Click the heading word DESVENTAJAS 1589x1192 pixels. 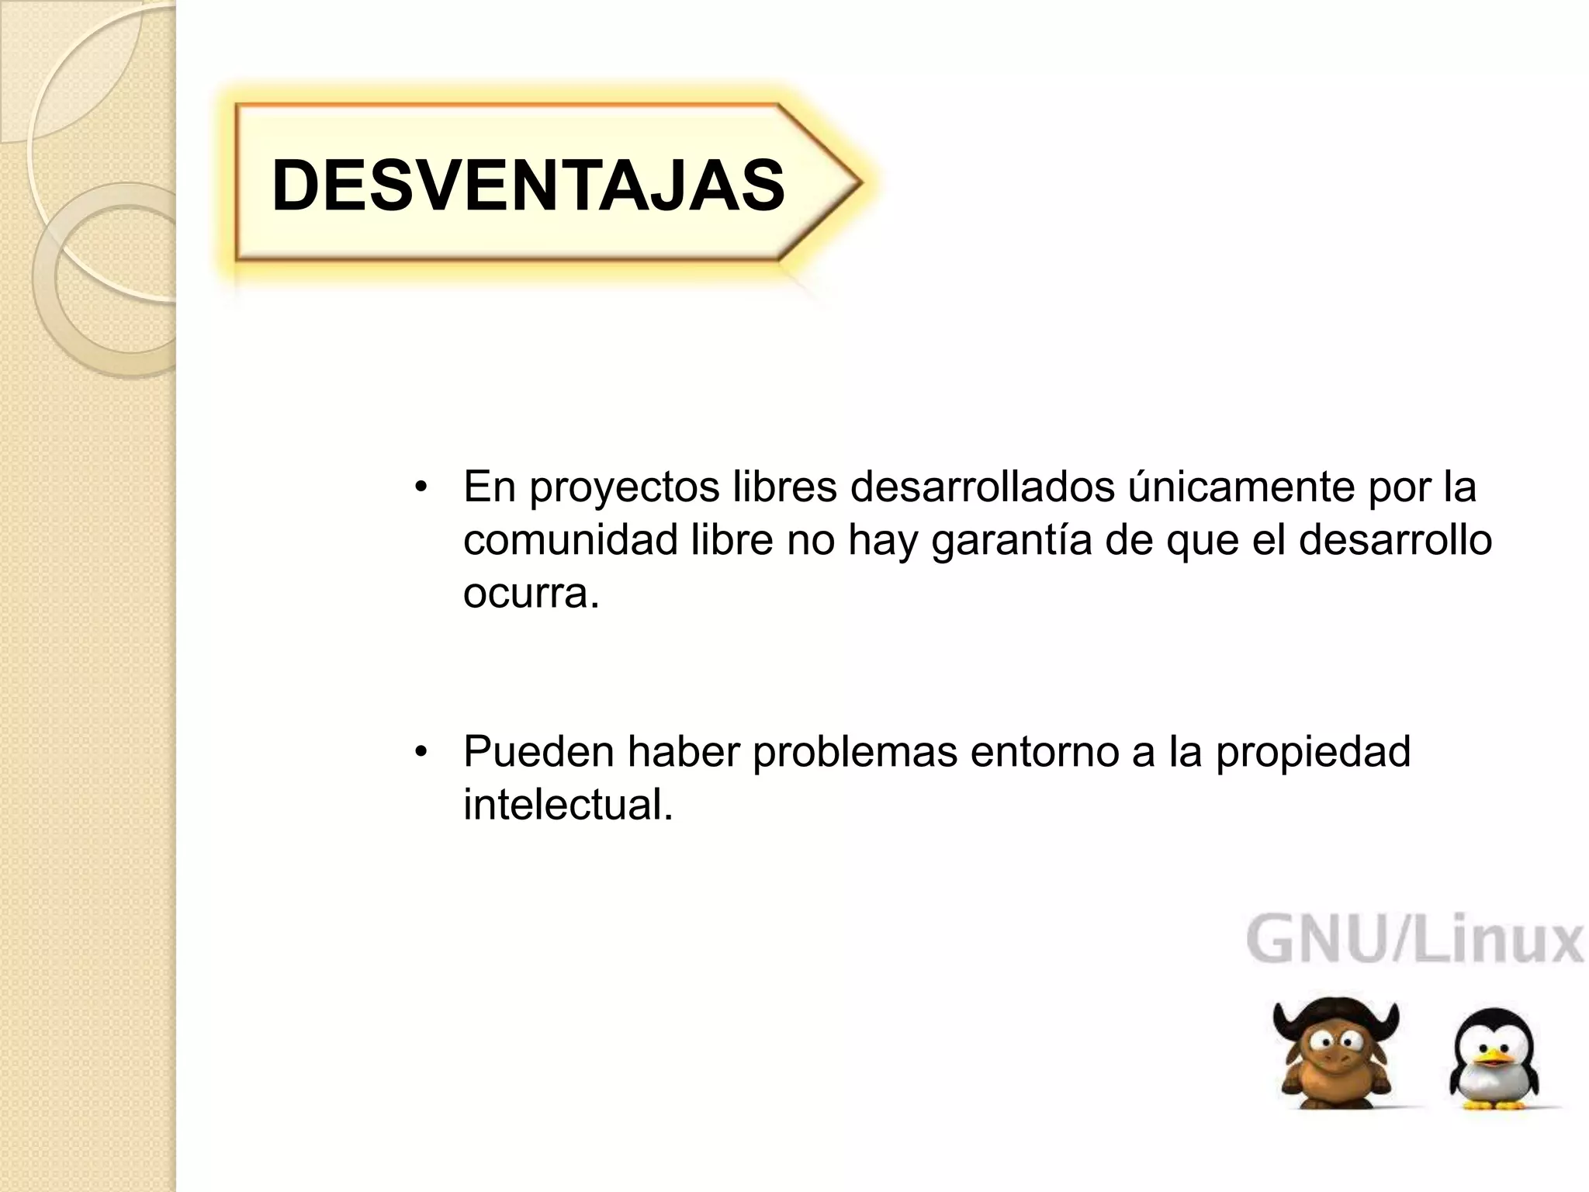[x=528, y=185]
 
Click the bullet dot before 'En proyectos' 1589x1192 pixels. [x=421, y=488]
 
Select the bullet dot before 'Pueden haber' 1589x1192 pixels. [x=421, y=752]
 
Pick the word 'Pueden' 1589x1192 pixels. [x=538, y=751]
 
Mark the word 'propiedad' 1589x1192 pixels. [x=1313, y=751]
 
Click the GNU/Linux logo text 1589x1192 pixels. [x=1414, y=941]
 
